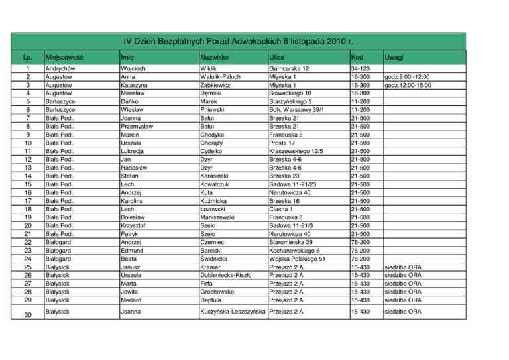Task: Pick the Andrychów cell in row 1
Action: pos(60,68)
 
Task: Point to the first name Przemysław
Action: pos(137,125)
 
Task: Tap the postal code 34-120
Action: pos(361,68)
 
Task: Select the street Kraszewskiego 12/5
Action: pos(296,151)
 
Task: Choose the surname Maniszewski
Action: pos(221,217)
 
